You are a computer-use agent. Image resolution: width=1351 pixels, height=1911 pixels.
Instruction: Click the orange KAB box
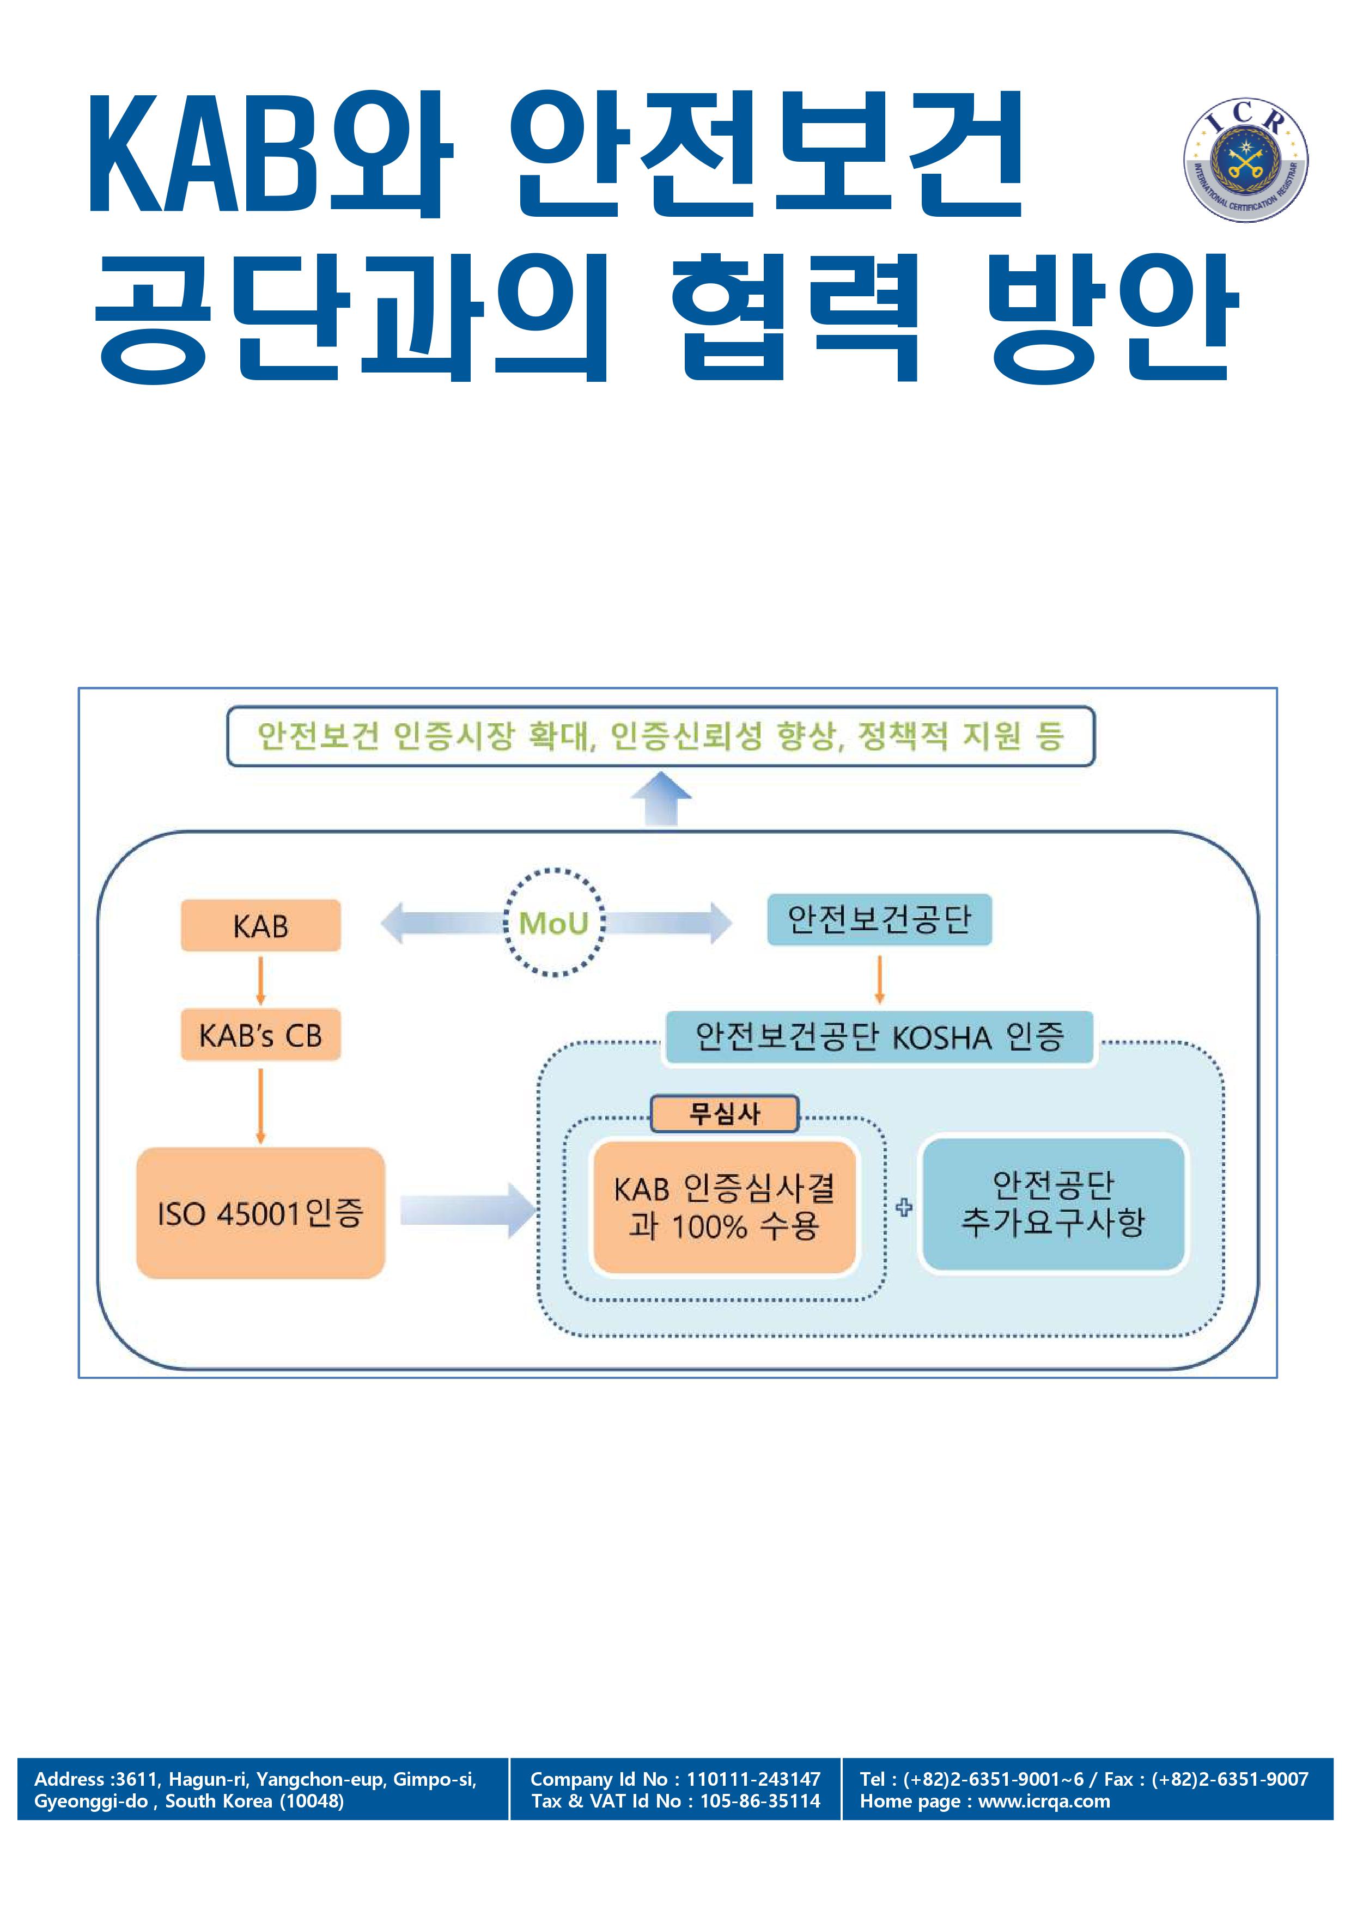[260, 925]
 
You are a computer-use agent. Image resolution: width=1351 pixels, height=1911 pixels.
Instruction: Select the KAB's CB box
[260, 1035]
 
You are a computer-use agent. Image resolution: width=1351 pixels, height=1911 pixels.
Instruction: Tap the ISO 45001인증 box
[260, 1213]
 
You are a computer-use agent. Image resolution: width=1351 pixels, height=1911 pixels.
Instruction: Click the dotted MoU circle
[553, 922]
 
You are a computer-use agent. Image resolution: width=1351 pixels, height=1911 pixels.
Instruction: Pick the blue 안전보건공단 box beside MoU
[879, 920]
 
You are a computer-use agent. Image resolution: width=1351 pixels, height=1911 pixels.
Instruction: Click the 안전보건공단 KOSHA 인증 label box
[879, 1037]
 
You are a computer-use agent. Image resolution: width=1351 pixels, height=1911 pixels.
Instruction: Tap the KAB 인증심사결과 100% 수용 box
[724, 1207]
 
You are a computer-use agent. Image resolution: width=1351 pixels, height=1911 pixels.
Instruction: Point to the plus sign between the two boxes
[904, 1207]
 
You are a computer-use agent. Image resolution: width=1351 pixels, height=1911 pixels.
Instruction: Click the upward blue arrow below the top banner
[661, 797]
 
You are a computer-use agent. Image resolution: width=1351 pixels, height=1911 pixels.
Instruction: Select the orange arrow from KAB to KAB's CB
[260, 980]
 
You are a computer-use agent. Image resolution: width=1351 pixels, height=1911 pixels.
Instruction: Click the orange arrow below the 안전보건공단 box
[880, 979]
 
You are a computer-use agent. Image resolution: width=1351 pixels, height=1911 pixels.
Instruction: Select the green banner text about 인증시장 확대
[660, 736]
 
